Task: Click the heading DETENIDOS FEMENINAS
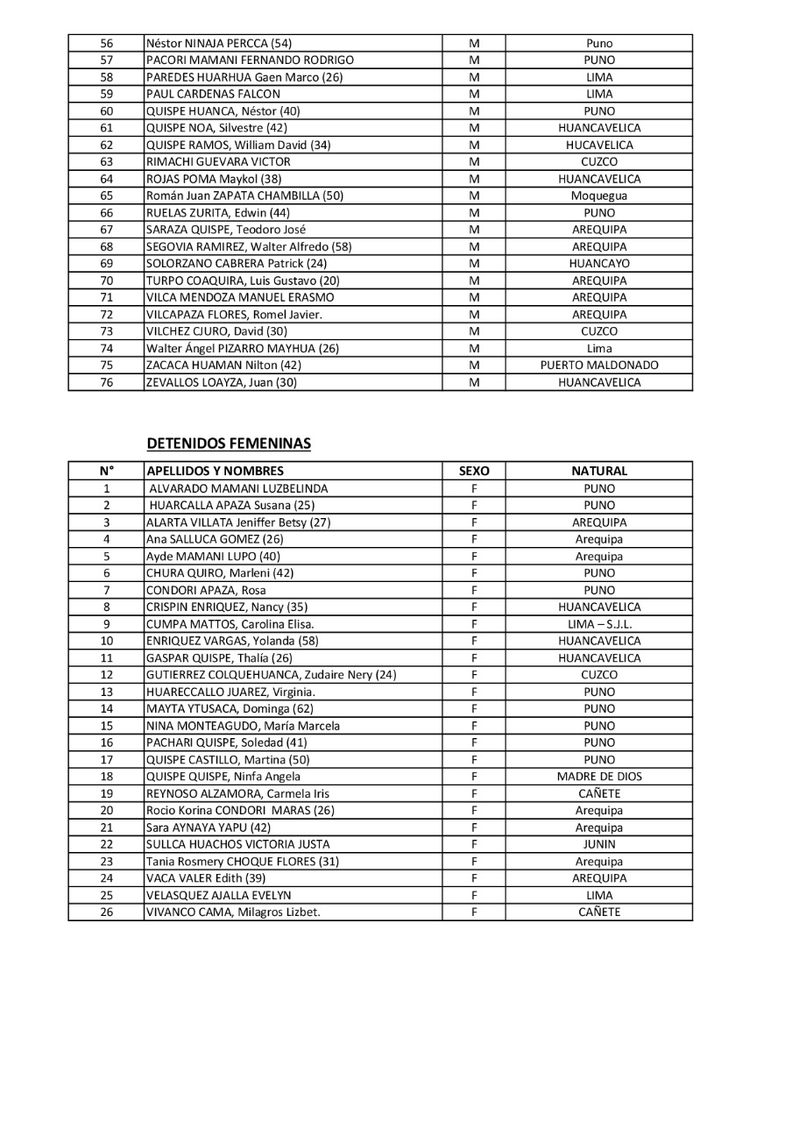pyautogui.click(x=229, y=444)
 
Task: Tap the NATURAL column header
pyautogui.click(x=598, y=471)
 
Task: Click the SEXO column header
pyautogui.click(x=473, y=471)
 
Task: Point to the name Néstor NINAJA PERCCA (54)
pyautogui.click(x=220, y=43)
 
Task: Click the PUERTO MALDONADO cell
pyautogui.click(x=598, y=366)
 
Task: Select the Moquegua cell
pyautogui.click(x=598, y=195)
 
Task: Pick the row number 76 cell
pyautogui.click(x=107, y=382)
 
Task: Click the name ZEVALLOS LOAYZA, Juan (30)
pyautogui.click(x=219, y=382)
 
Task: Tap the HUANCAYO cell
pyautogui.click(x=598, y=263)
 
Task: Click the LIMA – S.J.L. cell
pyautogui.click(x=598, y=624)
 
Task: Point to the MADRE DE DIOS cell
pyautogui.click(x=598, y=777)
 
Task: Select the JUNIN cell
pyautogui.click(x=598, y=844)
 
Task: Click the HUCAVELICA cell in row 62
pyautogui.click(x=598, y=145)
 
